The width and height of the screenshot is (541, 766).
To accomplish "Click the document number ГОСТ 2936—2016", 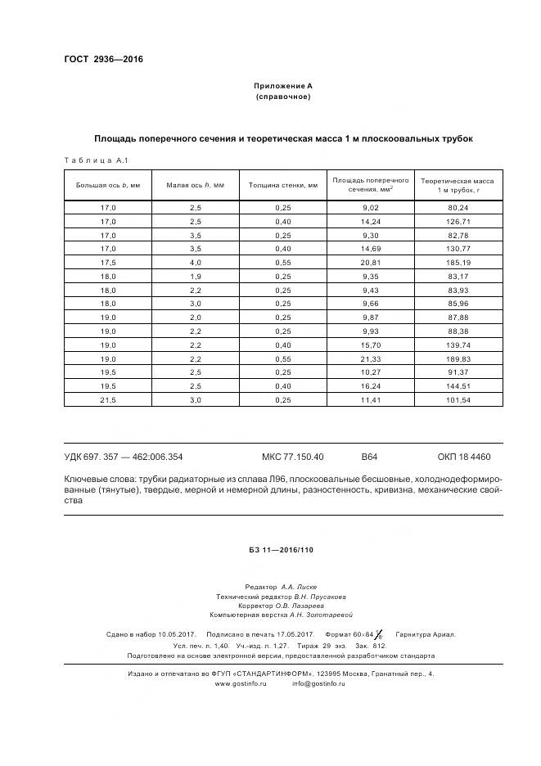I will pyautogui.click(x=103, y=59).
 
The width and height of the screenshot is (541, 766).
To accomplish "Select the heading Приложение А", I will pyautogui.click(x=282, y=86).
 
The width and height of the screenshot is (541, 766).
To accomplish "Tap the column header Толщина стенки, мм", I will pyautogui.click(x=283, y=185).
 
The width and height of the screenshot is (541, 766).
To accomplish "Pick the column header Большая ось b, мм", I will pyautogui.click(x=108, y=185).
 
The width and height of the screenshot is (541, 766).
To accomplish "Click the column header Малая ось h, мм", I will pyautogui.click(x=196, y=185).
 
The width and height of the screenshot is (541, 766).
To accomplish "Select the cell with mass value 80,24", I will pyautogui.click(x=458, y=209).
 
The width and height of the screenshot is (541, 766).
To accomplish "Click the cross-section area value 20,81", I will pyautogui.click(x=371, y=262).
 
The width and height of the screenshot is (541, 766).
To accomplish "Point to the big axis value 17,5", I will pyautogui.click(x=108, y=262).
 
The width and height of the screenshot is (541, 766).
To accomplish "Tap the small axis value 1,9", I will pyautogui.click(x=196, y=276).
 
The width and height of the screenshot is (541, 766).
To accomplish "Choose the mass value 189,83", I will pyautogui.click(x=458, y=360).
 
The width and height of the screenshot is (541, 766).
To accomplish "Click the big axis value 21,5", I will pyautogui.click(x=108, y=400).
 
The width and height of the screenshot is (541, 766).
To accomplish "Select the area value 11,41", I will pyautogui.click(x=371, y=400).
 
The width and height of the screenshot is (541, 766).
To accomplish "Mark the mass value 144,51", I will pyautogui.click(x=458, y=386).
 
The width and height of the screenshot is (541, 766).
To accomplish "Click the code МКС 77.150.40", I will pyautogui.click(x=292, y=457).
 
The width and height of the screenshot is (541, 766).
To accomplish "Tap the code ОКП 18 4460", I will pyautogui.click(x=464, y=457).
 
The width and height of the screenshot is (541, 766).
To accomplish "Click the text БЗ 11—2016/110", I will pyautogui.click(x=282, y=549).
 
